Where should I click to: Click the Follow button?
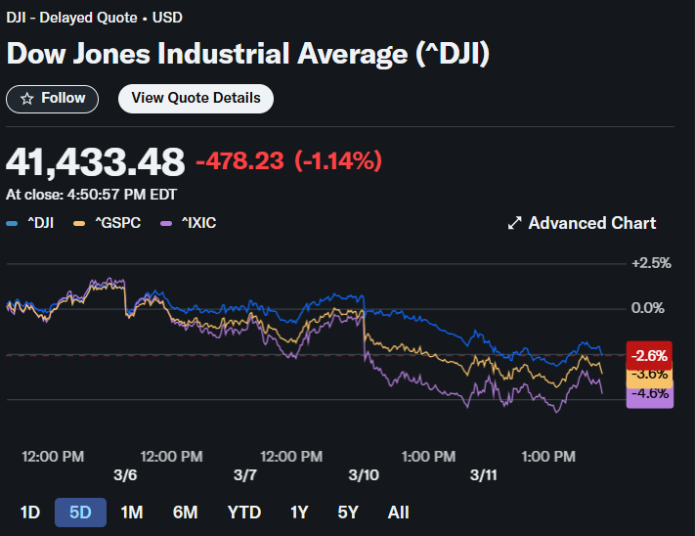click(x=53, y=98)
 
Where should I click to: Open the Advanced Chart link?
click(x=582, y=223)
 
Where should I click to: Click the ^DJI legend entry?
click(x=30, y=223)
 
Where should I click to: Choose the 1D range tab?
click(x=30, y=513)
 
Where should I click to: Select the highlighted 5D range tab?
click(x=80, y=513)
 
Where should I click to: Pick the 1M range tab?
click(x=132, y=513)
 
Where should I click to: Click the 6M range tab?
click(x=185, y=513)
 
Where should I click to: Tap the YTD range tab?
click(x=244, y=513)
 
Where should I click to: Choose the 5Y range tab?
click(x=349, y=513)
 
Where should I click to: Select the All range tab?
click(x=398, y=513)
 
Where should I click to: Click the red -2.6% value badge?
click(x=648, y=356)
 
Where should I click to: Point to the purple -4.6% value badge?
click(x=648, y=395)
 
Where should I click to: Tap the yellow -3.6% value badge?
click(x=648, y=375)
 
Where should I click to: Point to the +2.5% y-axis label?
click(x=651, y=263)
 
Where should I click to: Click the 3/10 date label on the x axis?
click(x=364, y=474)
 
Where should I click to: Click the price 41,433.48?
click(x=95, y=161)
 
